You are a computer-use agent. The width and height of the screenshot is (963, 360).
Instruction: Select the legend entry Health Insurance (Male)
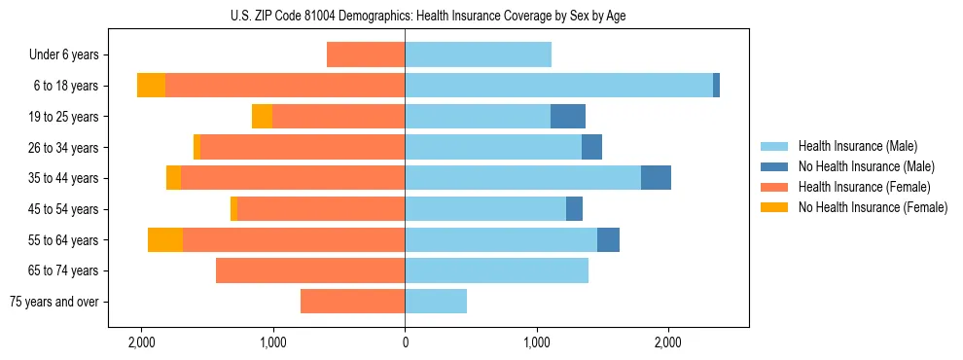(857, 146)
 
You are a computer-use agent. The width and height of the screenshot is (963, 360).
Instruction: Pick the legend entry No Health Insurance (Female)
(873, 207)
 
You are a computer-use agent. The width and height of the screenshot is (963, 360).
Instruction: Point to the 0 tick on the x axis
(405, 342)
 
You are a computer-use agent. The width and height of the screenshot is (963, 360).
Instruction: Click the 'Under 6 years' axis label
(63, 54)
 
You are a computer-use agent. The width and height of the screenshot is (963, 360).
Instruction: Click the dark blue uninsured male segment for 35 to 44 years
(656, 178)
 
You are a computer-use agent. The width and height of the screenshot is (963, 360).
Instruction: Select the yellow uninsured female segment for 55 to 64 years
(165, 239)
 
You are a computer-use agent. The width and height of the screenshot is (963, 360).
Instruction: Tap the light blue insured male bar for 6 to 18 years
(558, 86)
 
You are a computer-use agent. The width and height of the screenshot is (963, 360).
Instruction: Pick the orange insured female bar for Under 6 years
(366, 54)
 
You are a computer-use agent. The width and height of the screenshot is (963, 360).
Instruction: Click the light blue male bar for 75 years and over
(436, 302)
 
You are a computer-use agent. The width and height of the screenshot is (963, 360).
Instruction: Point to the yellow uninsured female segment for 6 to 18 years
(151, 86)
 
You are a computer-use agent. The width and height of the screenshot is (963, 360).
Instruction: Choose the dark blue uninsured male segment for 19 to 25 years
(568, 117)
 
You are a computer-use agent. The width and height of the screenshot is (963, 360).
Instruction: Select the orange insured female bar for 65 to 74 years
(310, 270)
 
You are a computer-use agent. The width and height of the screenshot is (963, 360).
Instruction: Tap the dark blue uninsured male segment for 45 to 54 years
(574, 209)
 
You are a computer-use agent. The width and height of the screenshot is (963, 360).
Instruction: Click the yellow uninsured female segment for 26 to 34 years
(196, 147)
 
